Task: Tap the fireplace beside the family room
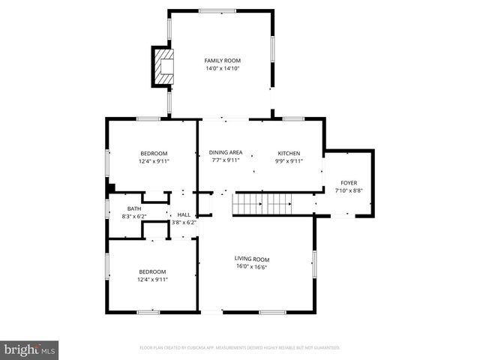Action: (x=163, y=66)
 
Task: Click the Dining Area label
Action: (x=226, y=152)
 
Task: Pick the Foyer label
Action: (x=349, y=183)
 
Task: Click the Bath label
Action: (x=133, y=208)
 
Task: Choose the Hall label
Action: (x=184, y=214)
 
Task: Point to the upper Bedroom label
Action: (x=153, y=153)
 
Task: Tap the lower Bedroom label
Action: (x=152, y=271)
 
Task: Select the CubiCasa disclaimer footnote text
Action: (x=240, y=348)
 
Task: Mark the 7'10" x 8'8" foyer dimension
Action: (x=349, y=191)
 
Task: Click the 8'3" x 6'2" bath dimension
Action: (x=133, y=217)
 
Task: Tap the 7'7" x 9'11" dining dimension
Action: (x=226, y=160)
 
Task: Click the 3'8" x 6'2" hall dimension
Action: (x=184, y=223)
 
